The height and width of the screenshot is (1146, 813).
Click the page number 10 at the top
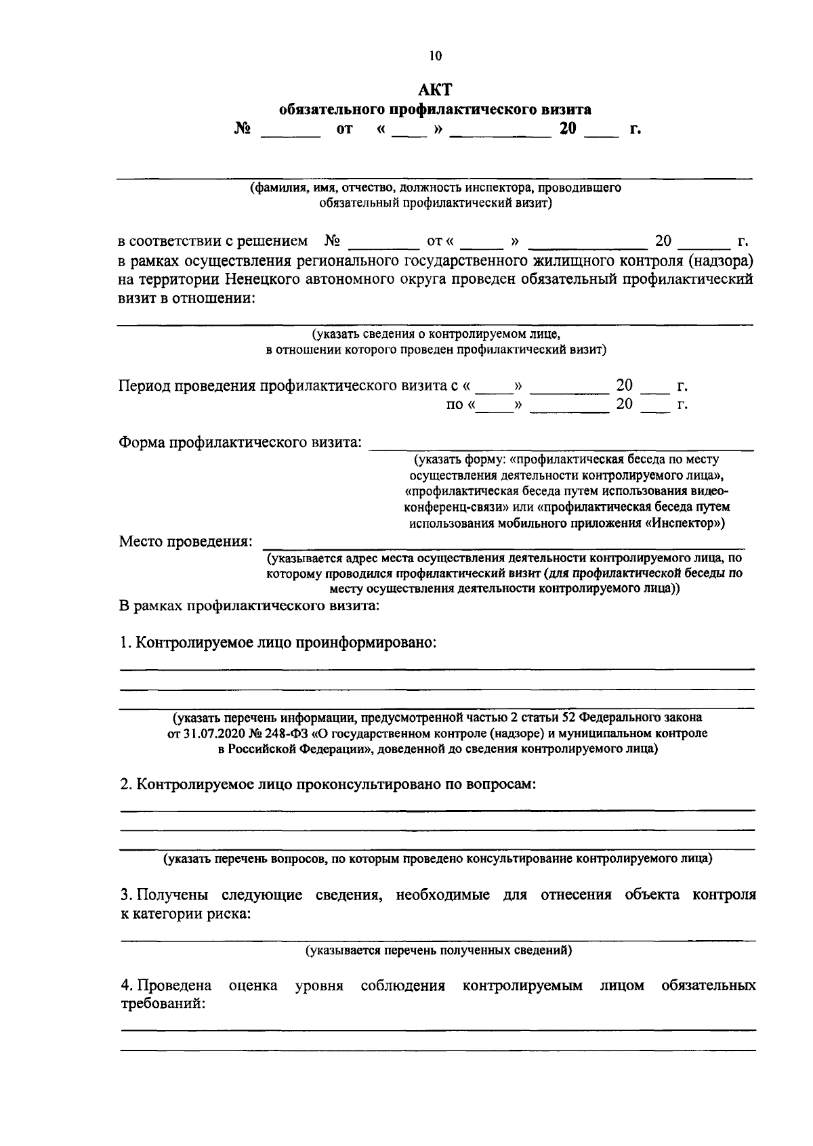pyautogui.click(x=435, y=56)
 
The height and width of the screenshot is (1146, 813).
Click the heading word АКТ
pyautogui.click(x=434, y=90)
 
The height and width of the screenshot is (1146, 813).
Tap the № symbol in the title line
pyautogui.click(x=242, y=129)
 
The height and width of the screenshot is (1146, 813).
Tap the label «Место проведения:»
pyautogui.click(x=186, y=541)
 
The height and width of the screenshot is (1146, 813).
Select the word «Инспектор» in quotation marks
pyautogui.click(x=681, y=523)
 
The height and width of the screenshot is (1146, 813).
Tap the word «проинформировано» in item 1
pyautogui.click(x=365, y=642)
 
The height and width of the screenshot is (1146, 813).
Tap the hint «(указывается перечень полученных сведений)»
pyautogui.click(x=438, y=950)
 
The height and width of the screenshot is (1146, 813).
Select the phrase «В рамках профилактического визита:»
pyautogui.click(x=249, y=606)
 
